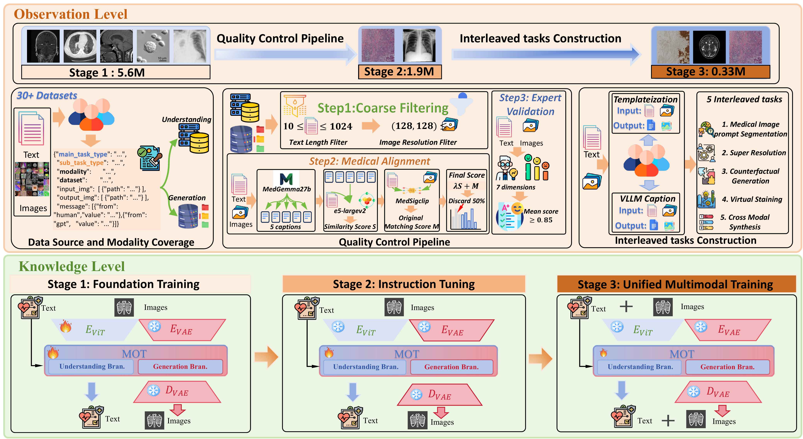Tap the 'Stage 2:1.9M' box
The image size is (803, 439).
(399, 72)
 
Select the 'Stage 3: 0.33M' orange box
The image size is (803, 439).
(705, 72)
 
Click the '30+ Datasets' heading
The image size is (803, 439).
(47, 95)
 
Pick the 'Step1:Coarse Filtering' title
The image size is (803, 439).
(382, 108)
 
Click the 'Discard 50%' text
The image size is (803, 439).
(466, 201)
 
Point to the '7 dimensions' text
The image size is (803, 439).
(516, 187)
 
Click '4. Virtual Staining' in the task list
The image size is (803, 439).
(752, 199)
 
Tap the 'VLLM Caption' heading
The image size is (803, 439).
(647, 199)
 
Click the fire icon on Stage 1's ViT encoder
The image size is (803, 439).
(65, 327)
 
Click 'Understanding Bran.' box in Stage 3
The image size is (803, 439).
(640, 367)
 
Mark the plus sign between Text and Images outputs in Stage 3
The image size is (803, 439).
(668, 421)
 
